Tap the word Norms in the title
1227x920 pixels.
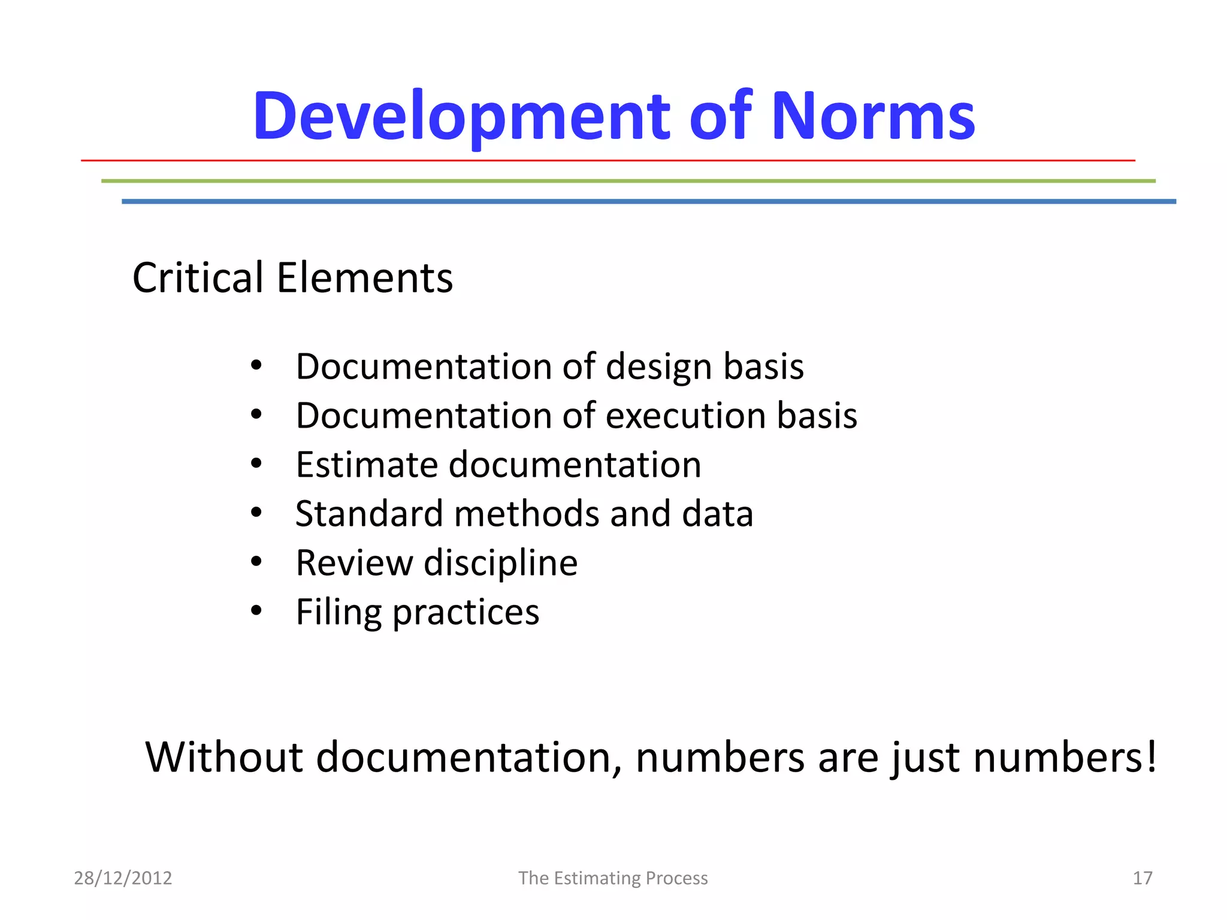873,116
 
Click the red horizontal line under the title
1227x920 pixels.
608,161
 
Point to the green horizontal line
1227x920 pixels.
628,180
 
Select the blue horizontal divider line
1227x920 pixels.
648,201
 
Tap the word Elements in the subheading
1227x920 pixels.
364,278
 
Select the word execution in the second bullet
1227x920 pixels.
686,416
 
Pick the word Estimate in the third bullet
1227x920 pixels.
366,465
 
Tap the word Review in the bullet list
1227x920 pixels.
354,563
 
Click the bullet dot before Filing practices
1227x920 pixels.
256,611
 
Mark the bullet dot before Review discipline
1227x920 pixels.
256,562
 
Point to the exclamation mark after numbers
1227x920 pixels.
1150,756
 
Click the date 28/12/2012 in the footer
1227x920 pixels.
123,878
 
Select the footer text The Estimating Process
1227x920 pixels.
613,878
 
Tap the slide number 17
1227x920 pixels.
1143,878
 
